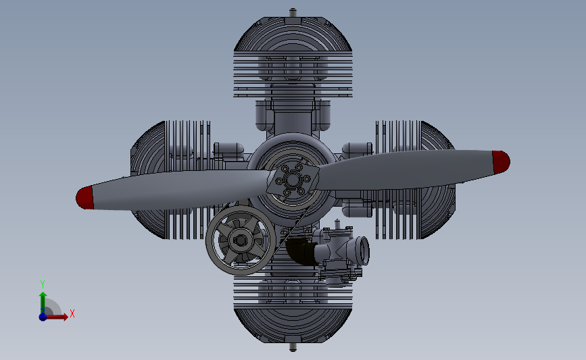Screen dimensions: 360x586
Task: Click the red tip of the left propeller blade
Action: point(84,198)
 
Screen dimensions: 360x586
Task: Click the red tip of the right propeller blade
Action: point(500,161)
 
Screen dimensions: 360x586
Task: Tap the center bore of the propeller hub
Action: point(293,180)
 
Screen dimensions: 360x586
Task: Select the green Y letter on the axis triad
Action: point(42,284)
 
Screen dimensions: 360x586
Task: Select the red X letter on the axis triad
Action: point(72,313)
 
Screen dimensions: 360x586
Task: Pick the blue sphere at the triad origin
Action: point(43,315)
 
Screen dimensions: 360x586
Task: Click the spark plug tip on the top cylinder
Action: point(292,11)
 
